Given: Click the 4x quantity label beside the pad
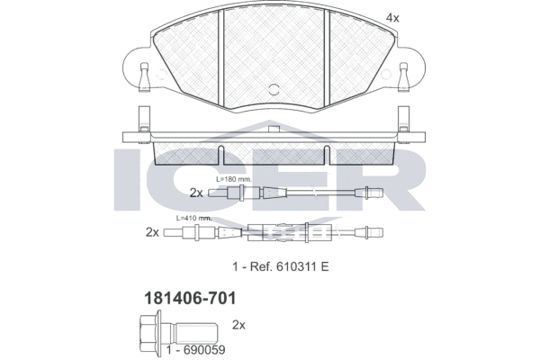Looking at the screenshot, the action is pyautogui.click(x=392, y=18).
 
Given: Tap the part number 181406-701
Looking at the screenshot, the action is pyautogui.click(x=190, y=298).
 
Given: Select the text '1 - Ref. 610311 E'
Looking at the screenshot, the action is pyautogui.click(x=281, y=266).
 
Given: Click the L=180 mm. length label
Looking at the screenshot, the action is pyautogui.click(x=234, y=179).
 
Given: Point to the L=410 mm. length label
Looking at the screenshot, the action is pyautogui.click(x=193, y=218).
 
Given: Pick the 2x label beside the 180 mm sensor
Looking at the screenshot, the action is pyautogui.click(x=196, y=193).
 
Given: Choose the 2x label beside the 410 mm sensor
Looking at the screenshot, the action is pyautogui.click(x=153, y=232).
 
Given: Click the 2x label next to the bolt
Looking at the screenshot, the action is pyautogui.click(x=238, y=325).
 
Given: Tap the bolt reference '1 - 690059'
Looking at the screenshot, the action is pyautogui.click(x=196, y=350).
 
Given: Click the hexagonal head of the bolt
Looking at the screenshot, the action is pyautogui.click(x=149, y=330).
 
